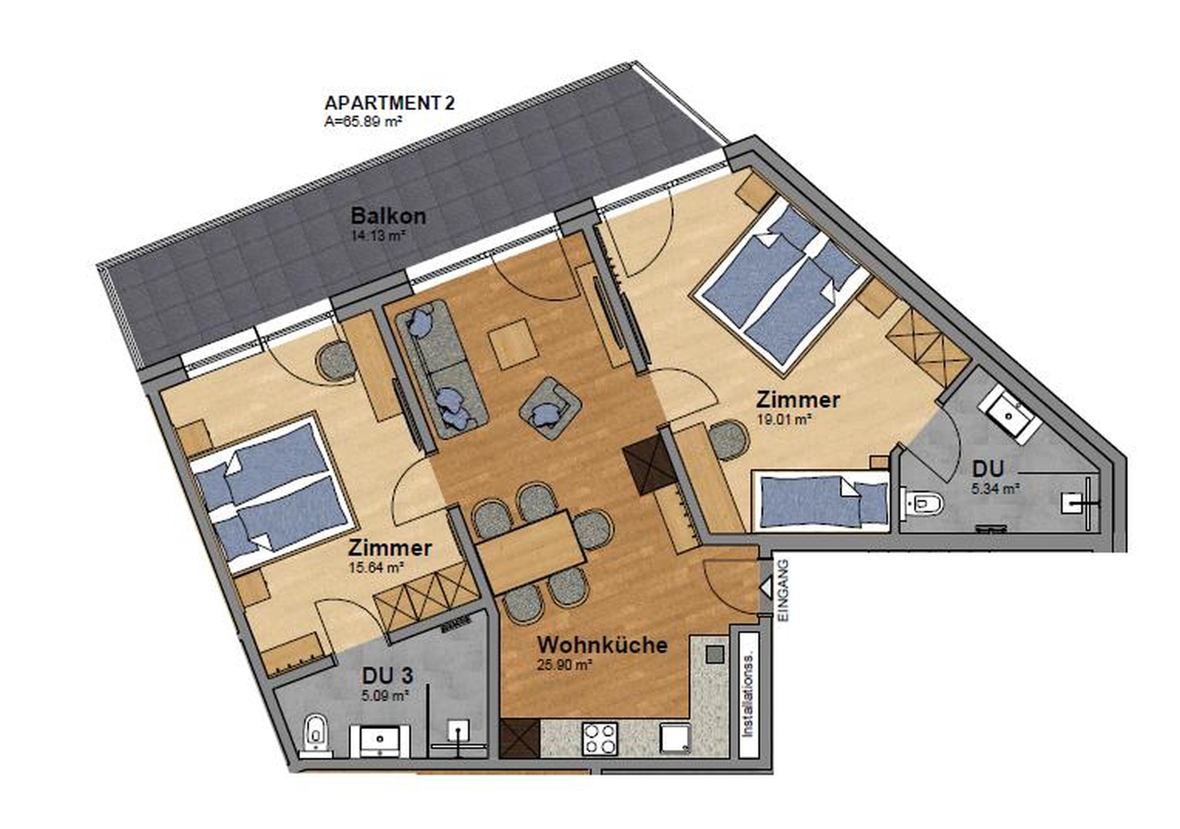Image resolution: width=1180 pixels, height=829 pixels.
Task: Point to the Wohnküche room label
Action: pos(602,645)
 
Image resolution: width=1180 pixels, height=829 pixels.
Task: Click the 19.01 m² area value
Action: pos(784,419)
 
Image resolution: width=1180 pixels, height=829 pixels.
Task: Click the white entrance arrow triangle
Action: pos(765,587)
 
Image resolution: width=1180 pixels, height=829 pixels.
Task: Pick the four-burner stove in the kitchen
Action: pos(599,739)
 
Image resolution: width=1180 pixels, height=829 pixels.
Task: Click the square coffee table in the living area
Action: pos(513,343)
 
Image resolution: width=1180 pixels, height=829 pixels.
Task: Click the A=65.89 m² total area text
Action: pos(363,122)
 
